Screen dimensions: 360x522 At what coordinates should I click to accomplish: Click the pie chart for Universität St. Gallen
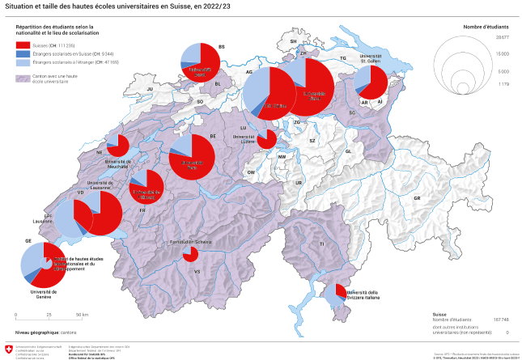tap(371, 82)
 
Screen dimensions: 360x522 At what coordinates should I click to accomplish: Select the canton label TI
tap(321, 244)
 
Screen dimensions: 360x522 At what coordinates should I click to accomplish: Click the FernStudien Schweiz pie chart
tap(190, 255)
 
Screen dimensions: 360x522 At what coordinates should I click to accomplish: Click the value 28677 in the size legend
tap(503, 38)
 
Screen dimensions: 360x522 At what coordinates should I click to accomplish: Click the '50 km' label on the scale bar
tap(81, 314)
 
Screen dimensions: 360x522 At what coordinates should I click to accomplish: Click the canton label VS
tap(196, 272)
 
